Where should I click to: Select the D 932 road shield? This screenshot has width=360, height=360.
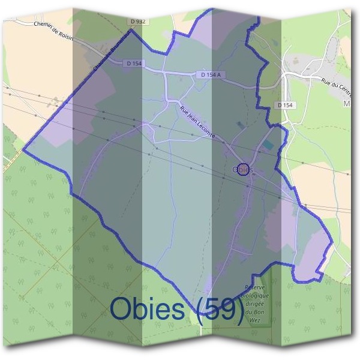click(137, 21)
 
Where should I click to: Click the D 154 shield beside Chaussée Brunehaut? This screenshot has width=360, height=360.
click(134, 63)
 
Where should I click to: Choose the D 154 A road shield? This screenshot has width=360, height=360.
click(211, 74)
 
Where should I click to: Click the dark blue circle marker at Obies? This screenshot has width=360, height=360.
click(243, 169)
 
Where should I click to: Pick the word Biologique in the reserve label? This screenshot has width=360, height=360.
click(257, 296)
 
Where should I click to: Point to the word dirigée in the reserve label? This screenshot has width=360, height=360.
click(256, 304)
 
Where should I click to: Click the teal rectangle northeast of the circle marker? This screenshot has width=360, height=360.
click(267, 146)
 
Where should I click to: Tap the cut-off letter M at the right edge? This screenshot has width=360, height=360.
click(346, 104)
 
